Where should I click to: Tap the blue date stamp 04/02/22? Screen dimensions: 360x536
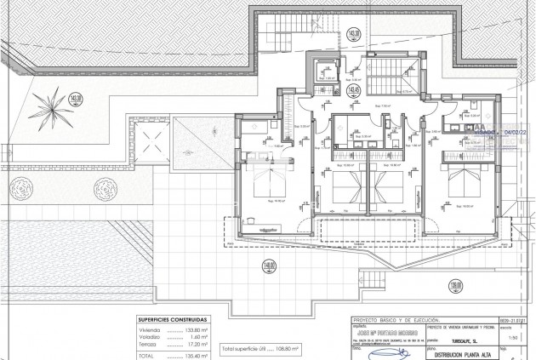coord(514,133)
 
